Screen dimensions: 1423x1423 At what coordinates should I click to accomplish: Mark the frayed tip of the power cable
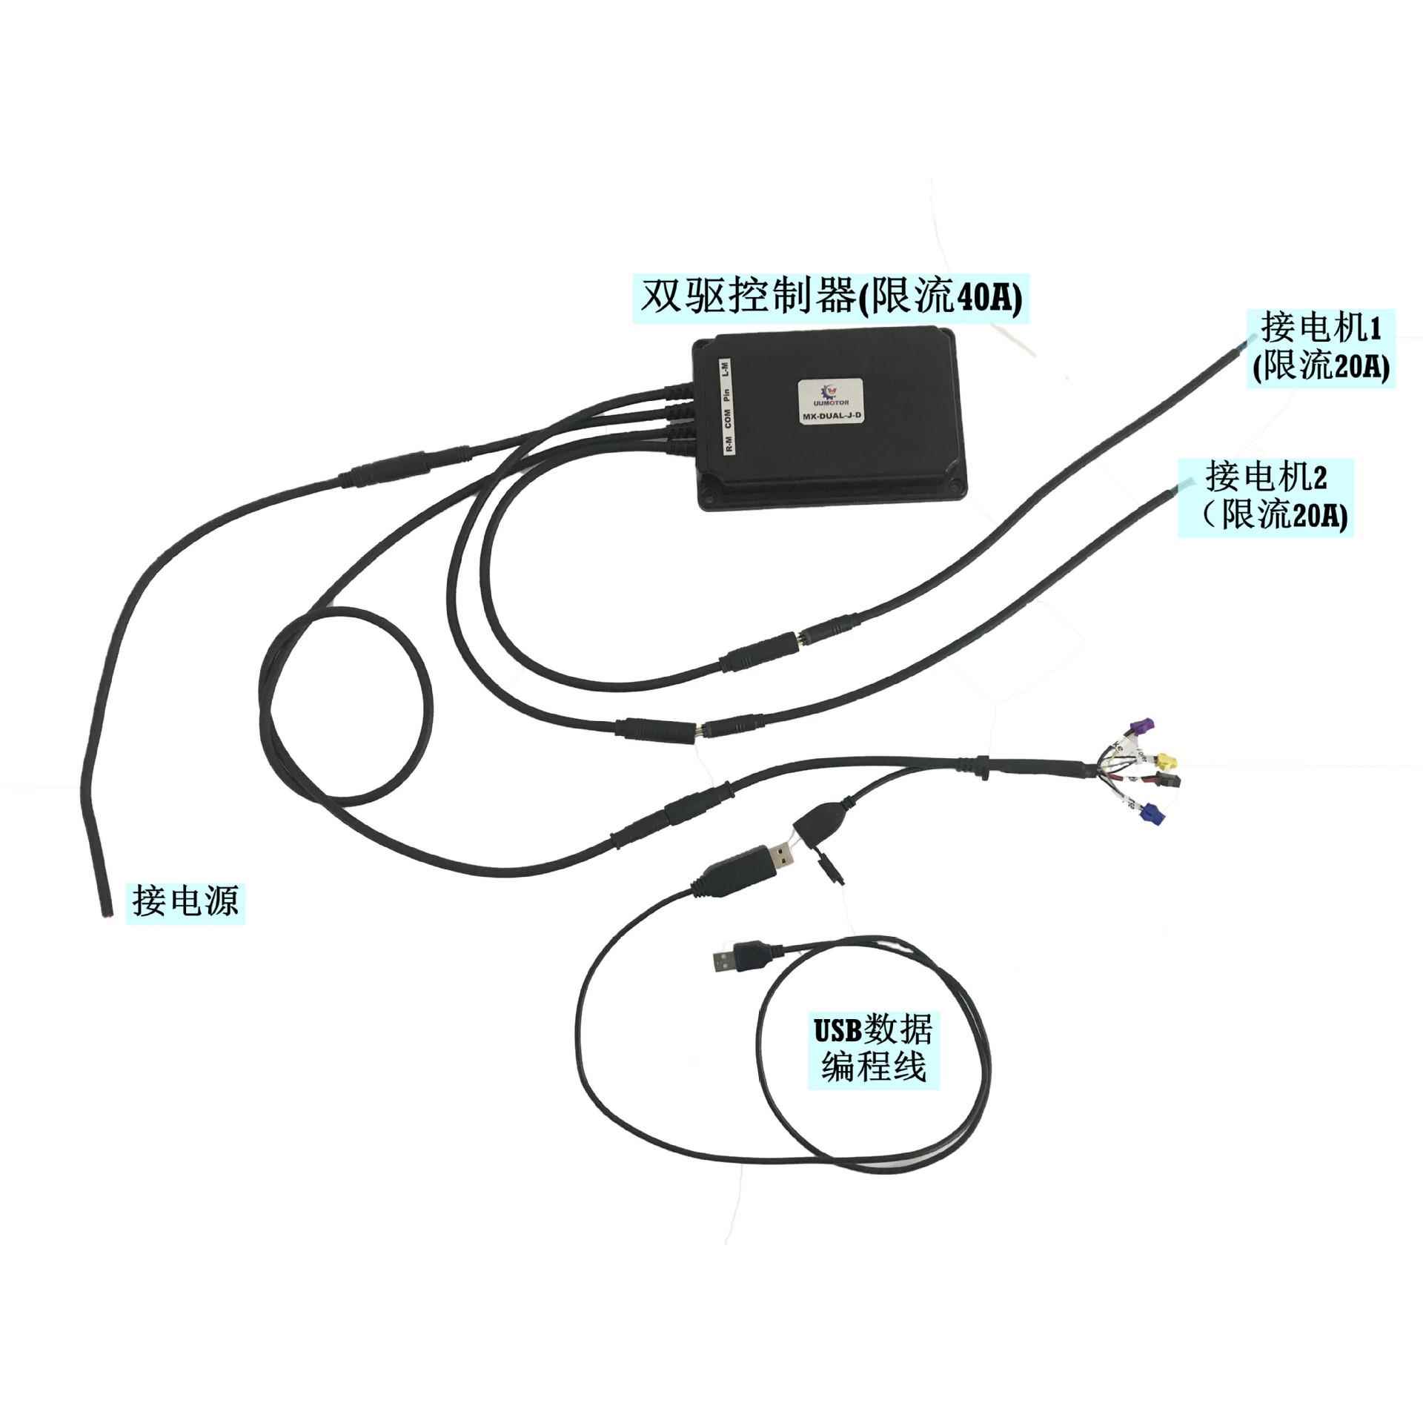pos(104,916)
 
